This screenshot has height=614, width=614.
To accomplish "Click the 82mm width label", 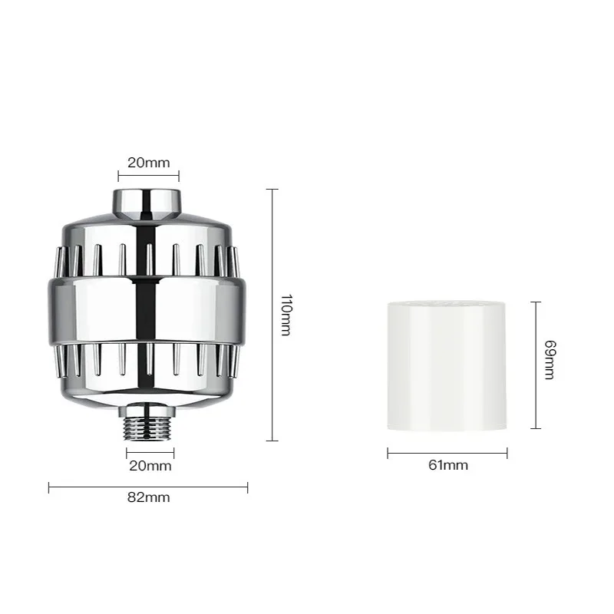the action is coord(148,497).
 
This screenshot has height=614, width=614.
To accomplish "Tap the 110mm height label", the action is coord(286,315).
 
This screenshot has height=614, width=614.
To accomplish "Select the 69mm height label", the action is coord(550,360).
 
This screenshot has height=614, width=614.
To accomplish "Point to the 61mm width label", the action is coord(448,465).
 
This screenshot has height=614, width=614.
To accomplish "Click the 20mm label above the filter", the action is coord(149,163).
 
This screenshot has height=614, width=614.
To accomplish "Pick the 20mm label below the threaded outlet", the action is coord(150,466).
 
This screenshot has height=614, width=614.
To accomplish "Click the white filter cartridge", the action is coord(447,366).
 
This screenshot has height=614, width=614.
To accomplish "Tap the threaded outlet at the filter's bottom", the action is coord(147,428).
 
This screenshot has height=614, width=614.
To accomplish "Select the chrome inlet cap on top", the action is coord(147,203).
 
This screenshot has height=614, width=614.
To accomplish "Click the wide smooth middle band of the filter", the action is coord(147,312).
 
